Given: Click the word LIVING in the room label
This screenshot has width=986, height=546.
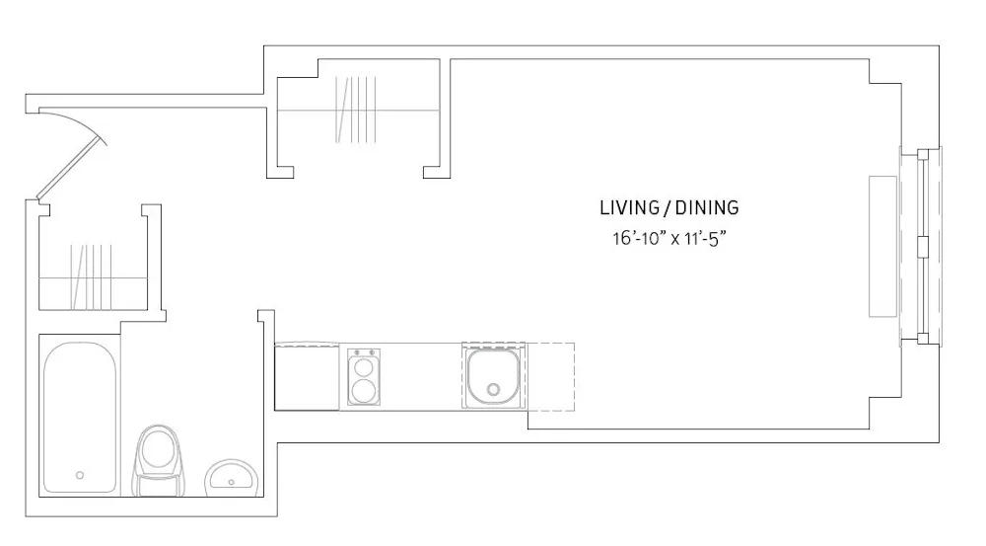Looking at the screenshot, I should coord(628,208).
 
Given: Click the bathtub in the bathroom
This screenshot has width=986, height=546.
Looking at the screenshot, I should coord(80,415).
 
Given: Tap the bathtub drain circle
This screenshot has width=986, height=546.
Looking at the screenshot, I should coord(80,475).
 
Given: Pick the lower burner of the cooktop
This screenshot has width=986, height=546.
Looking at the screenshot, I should coord(363,390).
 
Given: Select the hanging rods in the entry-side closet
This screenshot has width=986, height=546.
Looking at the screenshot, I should coord(93,276).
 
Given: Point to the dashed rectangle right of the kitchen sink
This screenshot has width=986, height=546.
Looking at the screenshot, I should coord(550,376).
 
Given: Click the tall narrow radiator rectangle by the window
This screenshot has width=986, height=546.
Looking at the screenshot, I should coord(882,246).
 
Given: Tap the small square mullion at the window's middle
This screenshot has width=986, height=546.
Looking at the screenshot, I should coord(924,246).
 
